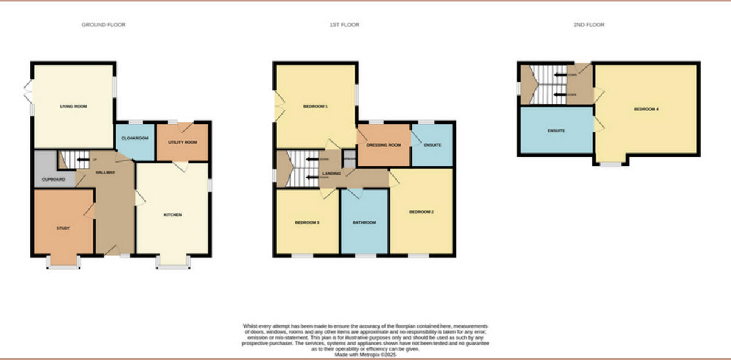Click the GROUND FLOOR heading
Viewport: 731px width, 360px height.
(104, 25)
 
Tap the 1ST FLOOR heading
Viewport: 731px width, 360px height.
(344, 25)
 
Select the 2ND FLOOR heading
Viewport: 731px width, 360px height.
(589, 25)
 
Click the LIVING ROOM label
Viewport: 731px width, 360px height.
(73, 107)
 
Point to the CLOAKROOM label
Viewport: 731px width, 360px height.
(135, 138)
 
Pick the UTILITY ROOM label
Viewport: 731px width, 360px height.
(182, 142)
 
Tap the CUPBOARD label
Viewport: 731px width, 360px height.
(54, 180)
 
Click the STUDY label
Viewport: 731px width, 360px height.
(63, 228)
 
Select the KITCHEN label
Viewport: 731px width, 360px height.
(172, 215)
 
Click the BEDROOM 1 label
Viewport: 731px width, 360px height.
(316, 107)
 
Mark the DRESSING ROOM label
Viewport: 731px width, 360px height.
(383, 145)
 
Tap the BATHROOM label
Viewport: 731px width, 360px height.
(364, 222)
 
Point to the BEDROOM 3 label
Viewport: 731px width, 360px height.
(307, 222)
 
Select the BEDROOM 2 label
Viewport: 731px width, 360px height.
(421, 212)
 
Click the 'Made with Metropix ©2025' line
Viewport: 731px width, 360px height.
(365, 354)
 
